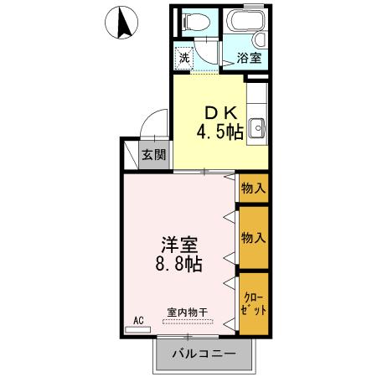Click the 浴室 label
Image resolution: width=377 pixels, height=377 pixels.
click(x=248, y=58)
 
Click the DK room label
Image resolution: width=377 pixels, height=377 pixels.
click(x=215, y=112)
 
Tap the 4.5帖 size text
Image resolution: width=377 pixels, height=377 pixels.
click(x=220, y=132)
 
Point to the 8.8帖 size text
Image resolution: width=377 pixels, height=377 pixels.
click(x=179, y=264)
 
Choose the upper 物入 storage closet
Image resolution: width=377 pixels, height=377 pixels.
click(x=253, y=188)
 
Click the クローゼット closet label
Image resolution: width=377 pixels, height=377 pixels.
click(x=254, y=303)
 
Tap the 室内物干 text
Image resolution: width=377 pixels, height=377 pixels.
click(x=187, y=312)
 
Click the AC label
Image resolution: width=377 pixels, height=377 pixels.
click(x=140, y=319)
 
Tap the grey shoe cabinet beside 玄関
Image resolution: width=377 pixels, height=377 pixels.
click(x=132, y=155)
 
